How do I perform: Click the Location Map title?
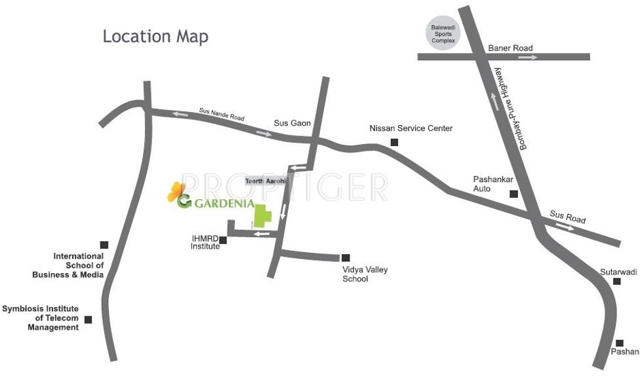click(155, 37)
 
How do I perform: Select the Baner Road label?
click(510, 48)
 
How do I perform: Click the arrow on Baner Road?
click(528, 57)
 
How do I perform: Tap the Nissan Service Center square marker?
click(394, 142)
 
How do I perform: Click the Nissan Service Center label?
click(411, 128)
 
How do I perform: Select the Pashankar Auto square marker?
click(514, 193)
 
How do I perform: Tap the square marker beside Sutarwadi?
click(617, 282)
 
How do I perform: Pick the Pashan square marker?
click(619, 343)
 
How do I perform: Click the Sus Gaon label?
click(292, 123)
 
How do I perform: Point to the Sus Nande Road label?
click(222, 115)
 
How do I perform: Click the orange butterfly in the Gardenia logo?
click(174, 191)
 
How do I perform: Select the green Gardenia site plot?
click(263, 216)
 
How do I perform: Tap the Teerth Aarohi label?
click(266, 181)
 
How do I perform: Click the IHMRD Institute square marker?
click(223, 240)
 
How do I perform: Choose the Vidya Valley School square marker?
click(346, 258)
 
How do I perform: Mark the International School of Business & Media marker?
click(104, 245)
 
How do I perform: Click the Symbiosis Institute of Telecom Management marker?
click(88, 320)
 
